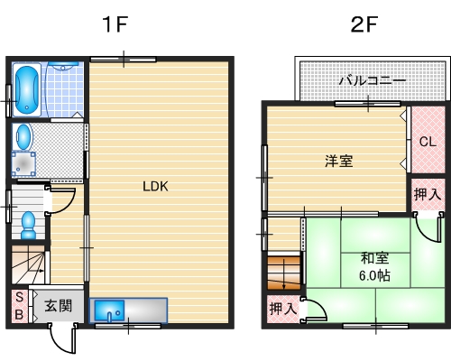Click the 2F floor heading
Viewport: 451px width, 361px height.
pyautogui.click(x=364, y=24)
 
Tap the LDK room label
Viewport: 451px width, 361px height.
pyautogui.click(x=155, y=187)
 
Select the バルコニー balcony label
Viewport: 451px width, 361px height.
pyautogui.click(x=372, y=81)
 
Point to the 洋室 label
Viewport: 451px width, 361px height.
pyautogui.click(x=338, y=162)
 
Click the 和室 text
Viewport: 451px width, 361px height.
pyautogui.click(x=374, y=256)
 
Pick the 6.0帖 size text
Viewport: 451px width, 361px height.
pyautogui.click(x=374, y=275)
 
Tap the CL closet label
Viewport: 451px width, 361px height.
pyautogui.click(x=428, y=141)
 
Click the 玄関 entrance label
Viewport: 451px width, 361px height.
pyautogui.click(x=59, y=305)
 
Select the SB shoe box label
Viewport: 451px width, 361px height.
pyautogui.click(x=18, y=306)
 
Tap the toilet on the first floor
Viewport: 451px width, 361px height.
pyautogui.click(x=29, y=222)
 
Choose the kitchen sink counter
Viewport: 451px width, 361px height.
pyautogui.click(x=130, y=310)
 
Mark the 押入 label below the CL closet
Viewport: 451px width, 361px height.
pyautogui.click(x=428, y=193)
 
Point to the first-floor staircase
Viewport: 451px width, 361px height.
pyautogui.click(x=30, y=265)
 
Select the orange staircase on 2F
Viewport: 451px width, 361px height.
pyautogui.click(x=283, y=273)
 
